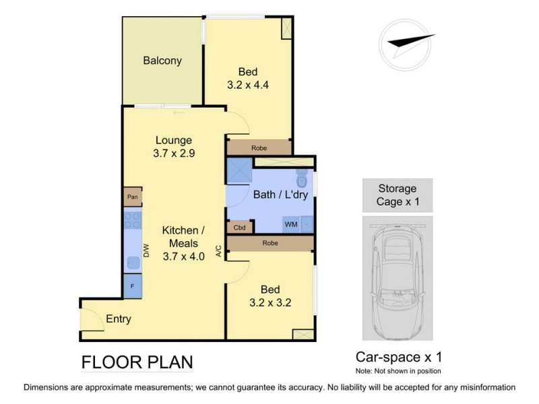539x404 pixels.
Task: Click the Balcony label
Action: coord(162,61)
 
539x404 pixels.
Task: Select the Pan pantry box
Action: coord(132,197)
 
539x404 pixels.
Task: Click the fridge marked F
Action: coord(132,285)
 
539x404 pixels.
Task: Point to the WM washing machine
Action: coord(291,223)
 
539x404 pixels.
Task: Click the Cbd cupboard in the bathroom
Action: coord(239,228)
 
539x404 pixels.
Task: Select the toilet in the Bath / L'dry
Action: coord(303,180)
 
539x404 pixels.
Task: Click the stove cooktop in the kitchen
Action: coord(131,221)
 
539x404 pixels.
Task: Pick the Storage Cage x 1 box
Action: coord(397,195)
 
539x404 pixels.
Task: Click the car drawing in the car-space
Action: coord(397,277)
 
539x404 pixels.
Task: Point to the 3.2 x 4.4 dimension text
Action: coord(249,86)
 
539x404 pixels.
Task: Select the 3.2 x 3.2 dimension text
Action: coord(269,302)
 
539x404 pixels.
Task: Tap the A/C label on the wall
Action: coord(218,251)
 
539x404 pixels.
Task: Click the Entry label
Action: coord(118,319)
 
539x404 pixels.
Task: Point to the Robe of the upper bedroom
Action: coord(259,147)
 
